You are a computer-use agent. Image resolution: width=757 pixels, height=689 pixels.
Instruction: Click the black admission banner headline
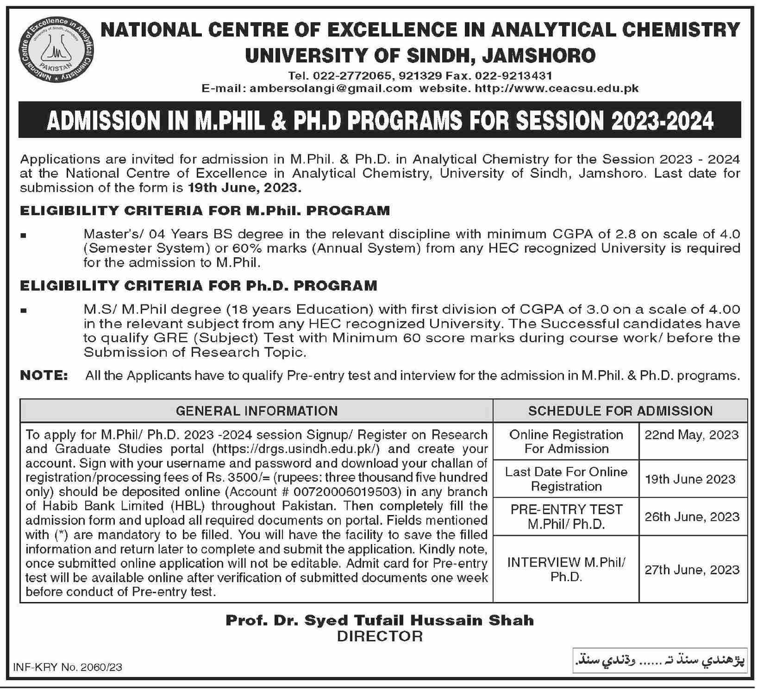tap(380, 120)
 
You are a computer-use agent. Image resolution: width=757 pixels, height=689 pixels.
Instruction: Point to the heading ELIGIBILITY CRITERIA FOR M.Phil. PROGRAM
tap(205, 211)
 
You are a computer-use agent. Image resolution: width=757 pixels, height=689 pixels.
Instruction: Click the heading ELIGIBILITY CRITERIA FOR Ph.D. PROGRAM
tap(199, 286)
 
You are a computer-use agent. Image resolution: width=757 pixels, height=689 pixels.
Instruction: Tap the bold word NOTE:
tap(44, 376)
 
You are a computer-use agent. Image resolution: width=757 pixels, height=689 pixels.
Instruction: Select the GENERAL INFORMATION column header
tap(257, 411)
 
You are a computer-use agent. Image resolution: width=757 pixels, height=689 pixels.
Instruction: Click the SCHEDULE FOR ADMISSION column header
tap(620, 411)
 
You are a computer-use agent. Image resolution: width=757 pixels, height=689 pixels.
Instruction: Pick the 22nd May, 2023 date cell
tap(691, 435)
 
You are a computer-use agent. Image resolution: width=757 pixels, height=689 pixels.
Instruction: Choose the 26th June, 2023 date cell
tap(691, 517)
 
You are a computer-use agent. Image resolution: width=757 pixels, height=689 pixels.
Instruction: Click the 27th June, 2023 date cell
tap(691, 570)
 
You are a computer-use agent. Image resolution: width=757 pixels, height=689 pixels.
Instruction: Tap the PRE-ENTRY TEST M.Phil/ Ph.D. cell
tap(566, 517)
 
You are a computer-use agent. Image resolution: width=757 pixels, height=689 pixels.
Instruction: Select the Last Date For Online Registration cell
tap(566, 479)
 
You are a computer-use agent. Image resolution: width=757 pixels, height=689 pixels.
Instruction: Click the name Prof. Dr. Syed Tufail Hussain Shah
tap(380, 620)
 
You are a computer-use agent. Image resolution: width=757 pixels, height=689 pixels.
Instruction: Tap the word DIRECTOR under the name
tap(380, 636)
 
